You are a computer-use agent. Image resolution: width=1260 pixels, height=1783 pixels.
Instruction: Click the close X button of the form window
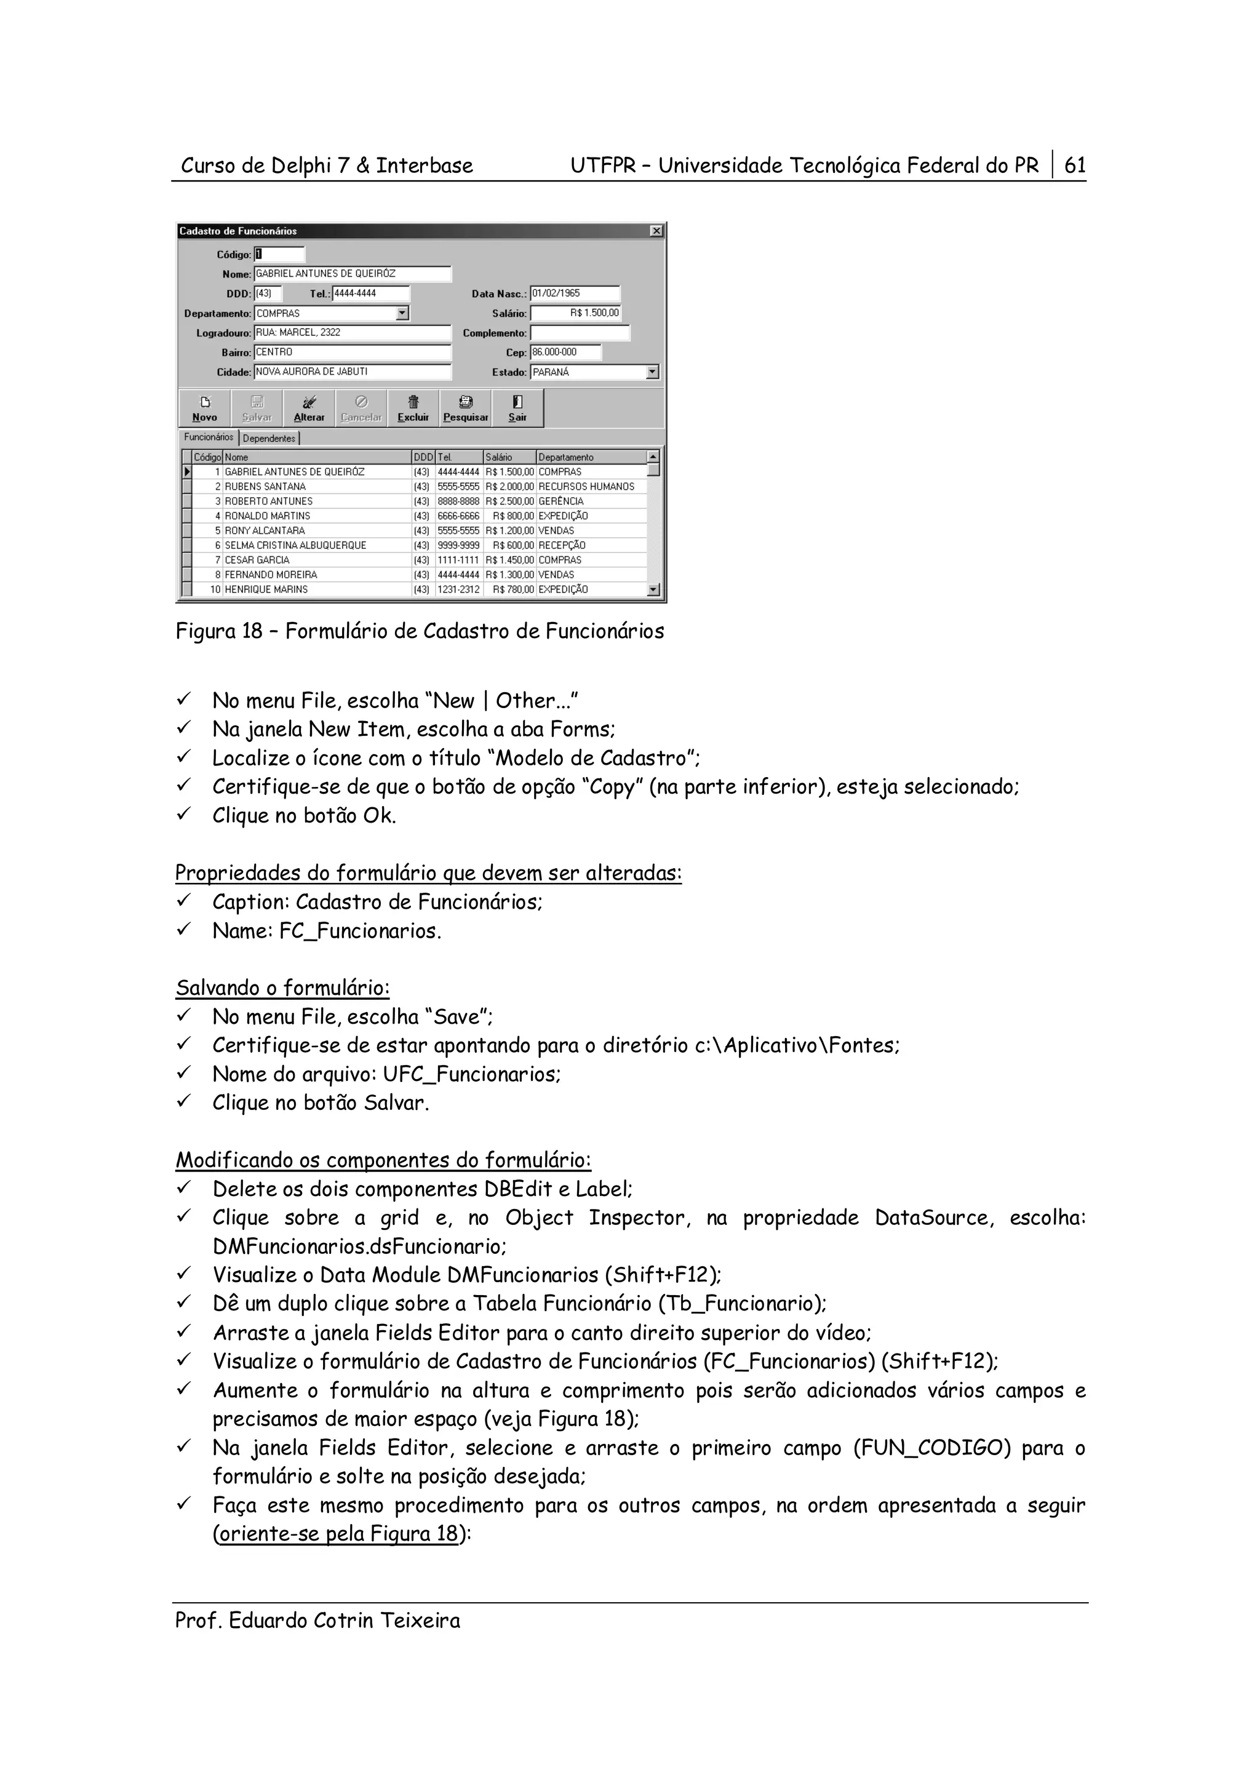[x=656, y=231]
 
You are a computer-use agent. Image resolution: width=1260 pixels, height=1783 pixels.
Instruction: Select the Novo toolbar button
[x=205, y=409]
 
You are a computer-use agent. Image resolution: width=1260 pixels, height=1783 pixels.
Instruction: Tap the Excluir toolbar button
[x=413, y=409]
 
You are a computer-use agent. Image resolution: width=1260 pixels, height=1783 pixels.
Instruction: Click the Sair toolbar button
[x=517, y=409]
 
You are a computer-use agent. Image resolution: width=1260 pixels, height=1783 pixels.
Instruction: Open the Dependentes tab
[x=269, y=439]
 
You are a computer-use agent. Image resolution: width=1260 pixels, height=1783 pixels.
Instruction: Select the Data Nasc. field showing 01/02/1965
[x=575, y=293]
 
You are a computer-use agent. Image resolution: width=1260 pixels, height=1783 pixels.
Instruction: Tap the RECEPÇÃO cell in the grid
[x=562, y=546]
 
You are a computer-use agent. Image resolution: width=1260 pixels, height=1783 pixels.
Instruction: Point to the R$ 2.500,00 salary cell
[x=509, y=501]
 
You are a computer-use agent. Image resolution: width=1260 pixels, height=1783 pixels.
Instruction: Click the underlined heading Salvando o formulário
[x=282, y=989]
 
